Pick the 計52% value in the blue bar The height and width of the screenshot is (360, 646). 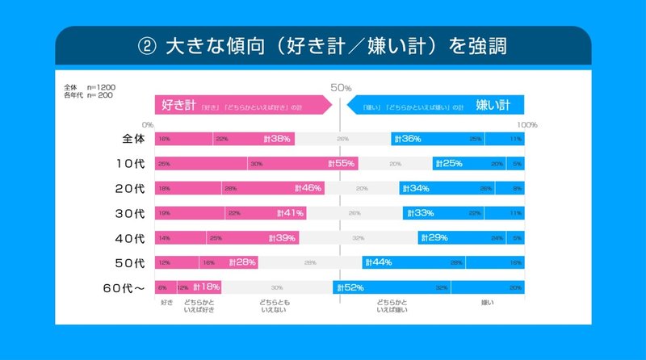coord(350,287)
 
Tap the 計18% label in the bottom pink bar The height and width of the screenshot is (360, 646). coord(206,287)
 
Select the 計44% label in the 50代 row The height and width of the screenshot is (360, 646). coord(379,263)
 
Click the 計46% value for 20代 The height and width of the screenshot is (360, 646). coord(308,188)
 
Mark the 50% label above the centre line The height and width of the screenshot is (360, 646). coord(340,87)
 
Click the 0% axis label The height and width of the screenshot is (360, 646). coord(147,124)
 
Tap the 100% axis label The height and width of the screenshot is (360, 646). coord(527,124)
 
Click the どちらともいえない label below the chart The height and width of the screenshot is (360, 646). coord(276,306)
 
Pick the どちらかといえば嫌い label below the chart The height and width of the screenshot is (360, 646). coord(392,306)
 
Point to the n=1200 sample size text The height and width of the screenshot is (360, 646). coord(99,86)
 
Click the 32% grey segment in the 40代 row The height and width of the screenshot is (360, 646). coord(358,238)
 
